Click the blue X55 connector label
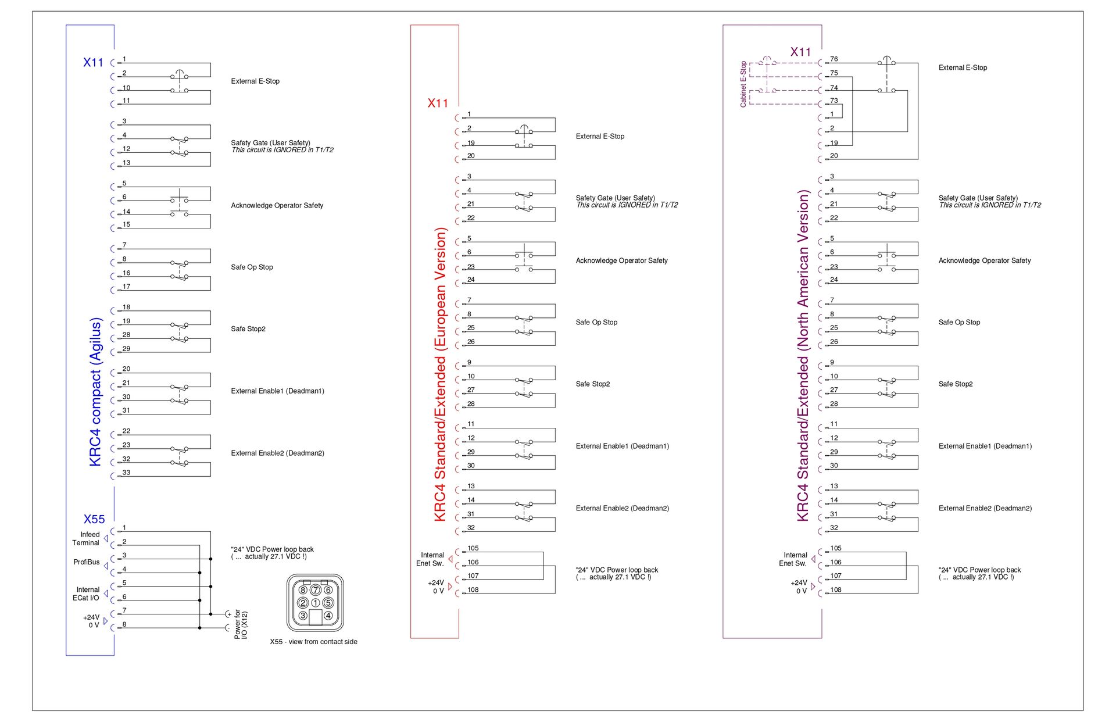(x=94, y=519)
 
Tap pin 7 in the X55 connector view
(x=316, y=590)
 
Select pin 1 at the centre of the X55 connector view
(x=316, y=603)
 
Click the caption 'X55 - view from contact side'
(x=313, y=642)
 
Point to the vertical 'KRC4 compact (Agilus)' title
(x=95, y=392)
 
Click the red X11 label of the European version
(x=438, y=103)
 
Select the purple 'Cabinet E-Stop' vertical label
(x=743, y=84)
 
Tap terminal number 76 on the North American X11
(x=834, y=59)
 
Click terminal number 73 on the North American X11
(x=834, y=101)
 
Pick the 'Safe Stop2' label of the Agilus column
(x=248, y=329)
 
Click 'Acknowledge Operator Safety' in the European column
(x=621, y=260)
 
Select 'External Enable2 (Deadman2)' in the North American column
(x=985, y=508)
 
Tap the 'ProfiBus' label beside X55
(x=87, y=562)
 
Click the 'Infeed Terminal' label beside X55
(x=87, y=539)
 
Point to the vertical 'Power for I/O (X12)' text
(x=241, y=625)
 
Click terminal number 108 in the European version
(x=473, y=590)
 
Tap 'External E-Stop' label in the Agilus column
(x=255, y=81)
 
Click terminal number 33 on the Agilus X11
(x=126, y=473)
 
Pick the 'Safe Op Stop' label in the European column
(x=596, y=322)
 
